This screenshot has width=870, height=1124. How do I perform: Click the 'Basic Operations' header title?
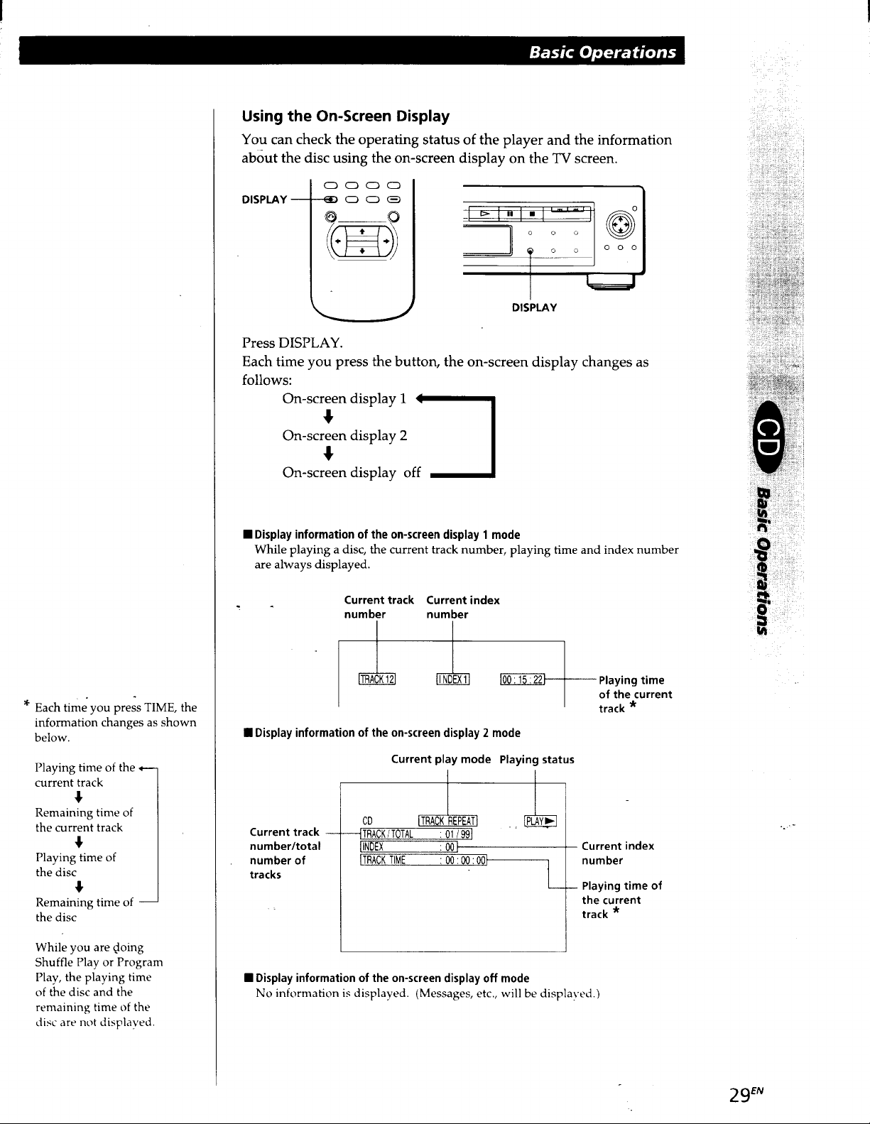(x=602, y=53)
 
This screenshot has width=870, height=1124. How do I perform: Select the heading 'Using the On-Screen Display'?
(x=346, y=116)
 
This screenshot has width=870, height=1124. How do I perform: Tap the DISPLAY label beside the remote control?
(x=264, y=200)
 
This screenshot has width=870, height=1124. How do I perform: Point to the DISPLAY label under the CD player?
(x=534, y=307)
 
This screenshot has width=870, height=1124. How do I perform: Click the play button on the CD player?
(x=484, y=213)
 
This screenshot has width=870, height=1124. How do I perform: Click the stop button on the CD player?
(x=532, y=214)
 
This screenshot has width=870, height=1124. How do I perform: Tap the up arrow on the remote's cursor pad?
(x=362, y=231)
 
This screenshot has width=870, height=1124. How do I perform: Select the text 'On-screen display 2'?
(x=344, y=435)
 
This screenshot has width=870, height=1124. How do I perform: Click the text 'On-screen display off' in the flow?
(x=352, y=472)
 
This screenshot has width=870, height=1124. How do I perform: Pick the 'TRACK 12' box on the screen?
(x=377, y=680)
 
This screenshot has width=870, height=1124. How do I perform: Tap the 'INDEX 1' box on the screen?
(x=453, y=680)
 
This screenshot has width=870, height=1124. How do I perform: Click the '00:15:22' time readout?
(x=523, y=680)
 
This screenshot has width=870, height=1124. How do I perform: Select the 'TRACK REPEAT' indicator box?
(x=448, y=821)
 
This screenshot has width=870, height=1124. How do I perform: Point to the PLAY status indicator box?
(x=540, y=821)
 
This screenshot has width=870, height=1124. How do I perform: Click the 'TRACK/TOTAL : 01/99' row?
(x=416, y=834)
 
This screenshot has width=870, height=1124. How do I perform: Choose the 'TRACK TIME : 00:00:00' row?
(x=423, y=860)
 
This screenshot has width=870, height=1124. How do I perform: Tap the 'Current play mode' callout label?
(x=441, y=759)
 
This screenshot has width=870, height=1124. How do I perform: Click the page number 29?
(x=739, y=1095)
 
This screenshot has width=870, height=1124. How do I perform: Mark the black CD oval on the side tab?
(x=769, y=437)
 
